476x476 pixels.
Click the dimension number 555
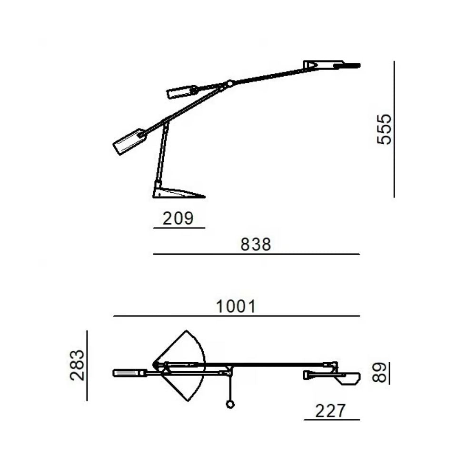coord(384,129)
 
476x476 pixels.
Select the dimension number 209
coord(178,218)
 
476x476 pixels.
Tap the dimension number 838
coord(256,244)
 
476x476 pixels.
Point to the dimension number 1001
coord(236,306)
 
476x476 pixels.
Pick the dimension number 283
coord(77,365)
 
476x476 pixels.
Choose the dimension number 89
coord(379,373)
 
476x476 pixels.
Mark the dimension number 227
coord(330,411)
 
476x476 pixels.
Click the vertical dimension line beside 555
coord(394,129)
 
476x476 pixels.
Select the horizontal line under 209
coord(179,228)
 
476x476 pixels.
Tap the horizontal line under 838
coord(256,254)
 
